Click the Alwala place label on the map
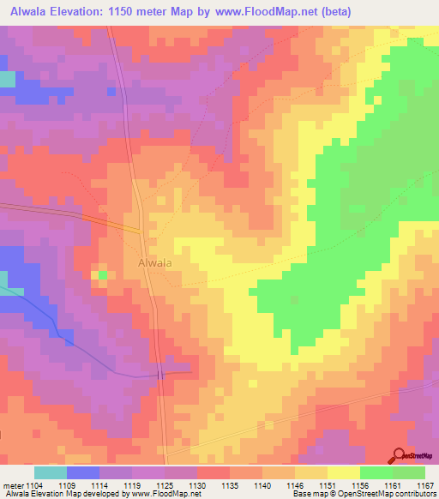(154, 264)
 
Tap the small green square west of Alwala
(103, 274)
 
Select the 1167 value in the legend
(426, 485)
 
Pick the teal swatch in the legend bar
(51, 472)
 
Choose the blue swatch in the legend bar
(83, 472)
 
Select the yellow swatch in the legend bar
(344, 472)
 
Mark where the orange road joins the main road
(140, 229)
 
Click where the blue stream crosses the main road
(160, 375)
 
